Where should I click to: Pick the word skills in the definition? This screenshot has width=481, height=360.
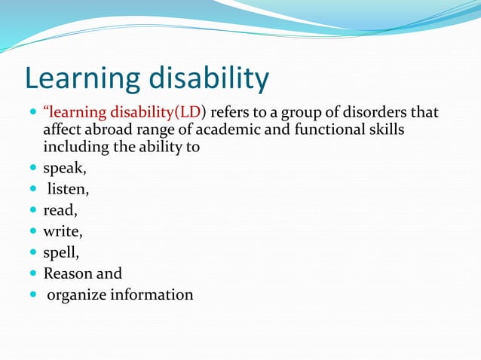(x=385, y=130)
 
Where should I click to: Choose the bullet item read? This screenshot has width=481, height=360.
(x=60, y=211)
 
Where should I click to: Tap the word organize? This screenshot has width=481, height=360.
(x=77, y=294)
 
